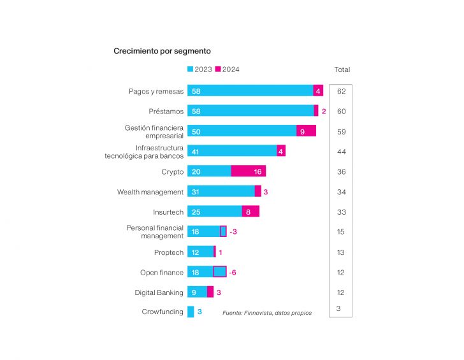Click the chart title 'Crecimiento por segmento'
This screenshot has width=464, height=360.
(162, 50)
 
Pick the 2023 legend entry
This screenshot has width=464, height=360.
(199, 69)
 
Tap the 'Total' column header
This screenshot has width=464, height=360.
(342, 69)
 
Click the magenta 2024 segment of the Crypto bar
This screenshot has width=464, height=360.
(248, 171)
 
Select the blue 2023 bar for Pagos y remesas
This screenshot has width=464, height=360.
(250, 91)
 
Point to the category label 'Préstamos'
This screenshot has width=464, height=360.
(166, 112)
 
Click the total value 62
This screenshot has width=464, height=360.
(341, 91)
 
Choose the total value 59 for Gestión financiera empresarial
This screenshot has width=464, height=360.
(341, 131)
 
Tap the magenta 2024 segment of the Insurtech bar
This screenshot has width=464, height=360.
(250, 212)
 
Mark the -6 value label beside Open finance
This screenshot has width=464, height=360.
(233, 272)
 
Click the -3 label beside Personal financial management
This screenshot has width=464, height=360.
(233, 232)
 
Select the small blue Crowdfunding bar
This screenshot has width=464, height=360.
(191, 312)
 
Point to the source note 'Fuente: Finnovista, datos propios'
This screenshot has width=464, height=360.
(267, 313)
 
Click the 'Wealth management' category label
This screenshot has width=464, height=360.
(150, 192)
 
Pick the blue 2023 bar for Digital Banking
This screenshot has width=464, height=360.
(197, 292)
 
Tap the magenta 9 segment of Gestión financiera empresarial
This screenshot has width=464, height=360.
(306, 131)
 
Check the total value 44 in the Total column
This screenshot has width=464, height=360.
(341, 151)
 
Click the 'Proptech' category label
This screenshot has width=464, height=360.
(168, 252)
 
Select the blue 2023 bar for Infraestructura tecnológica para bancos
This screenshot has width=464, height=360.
(232, 151)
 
